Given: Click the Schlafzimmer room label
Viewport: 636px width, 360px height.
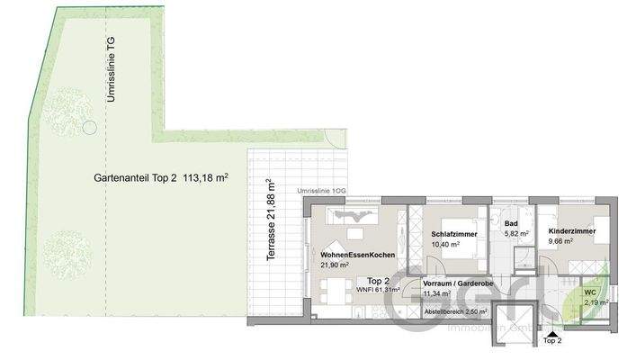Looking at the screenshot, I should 453,234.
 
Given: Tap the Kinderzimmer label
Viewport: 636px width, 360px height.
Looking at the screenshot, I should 572,231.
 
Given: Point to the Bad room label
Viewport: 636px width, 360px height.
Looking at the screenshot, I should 510,224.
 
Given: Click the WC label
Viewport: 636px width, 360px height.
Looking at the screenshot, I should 590,292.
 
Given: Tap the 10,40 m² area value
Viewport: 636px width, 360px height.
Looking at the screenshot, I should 446,244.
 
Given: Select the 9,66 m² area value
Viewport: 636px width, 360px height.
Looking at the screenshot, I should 563,241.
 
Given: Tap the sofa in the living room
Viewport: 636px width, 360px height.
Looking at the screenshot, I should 354,216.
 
